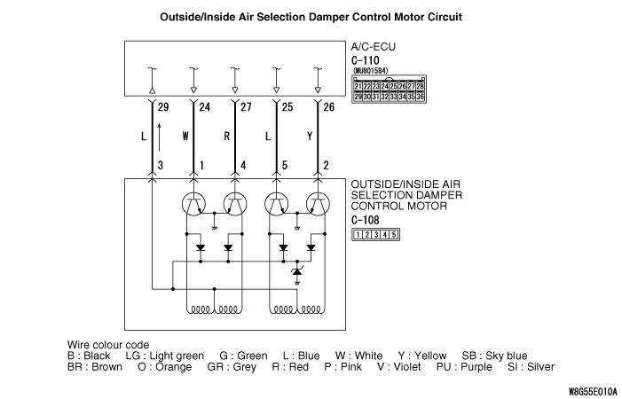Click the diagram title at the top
(311, 17)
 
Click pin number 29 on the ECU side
(162, 108)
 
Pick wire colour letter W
(185, 137)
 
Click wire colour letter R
(227, 137)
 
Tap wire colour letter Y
(309, 137)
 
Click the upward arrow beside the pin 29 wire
(160, 137)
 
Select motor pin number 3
(161, 165)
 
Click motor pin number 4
(243, 165)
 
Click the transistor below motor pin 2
(317, 203)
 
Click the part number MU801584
(371, 70)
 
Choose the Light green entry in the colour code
(177, 356)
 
